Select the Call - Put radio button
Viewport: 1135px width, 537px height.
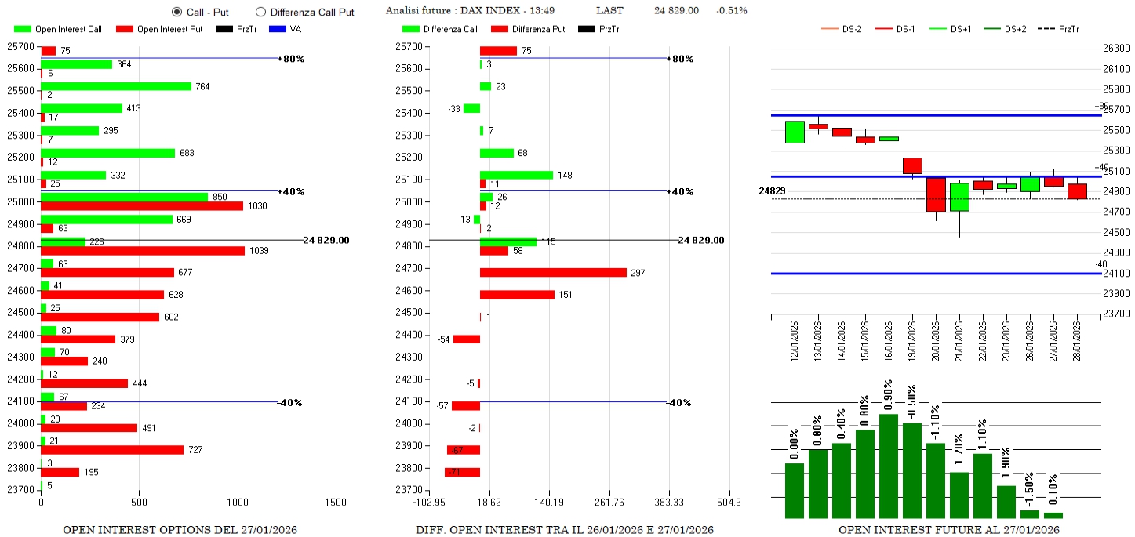tap(176, 12)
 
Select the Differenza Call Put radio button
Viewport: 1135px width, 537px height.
tap(261, 12)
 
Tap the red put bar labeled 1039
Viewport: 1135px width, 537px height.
tap(143, 251)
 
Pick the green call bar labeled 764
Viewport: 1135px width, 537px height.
tap(116, 86)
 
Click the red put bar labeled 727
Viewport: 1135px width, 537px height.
tap(112, 450)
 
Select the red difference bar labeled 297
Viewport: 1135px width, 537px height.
tap(553, 273)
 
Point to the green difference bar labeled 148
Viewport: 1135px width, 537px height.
tap(516, 175)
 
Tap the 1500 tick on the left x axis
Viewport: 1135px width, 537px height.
tap(336, 502)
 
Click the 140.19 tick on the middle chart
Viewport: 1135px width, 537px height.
tap(548, 502)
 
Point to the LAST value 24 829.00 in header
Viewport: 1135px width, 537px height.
tap(676, 10)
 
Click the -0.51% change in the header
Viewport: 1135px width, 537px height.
tap(732, 10)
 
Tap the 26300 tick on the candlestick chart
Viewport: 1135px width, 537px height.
tap(1115, 49)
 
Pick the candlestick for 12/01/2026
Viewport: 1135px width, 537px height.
tap(795, 132)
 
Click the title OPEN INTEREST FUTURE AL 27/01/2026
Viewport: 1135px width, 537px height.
tap(948, 530)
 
